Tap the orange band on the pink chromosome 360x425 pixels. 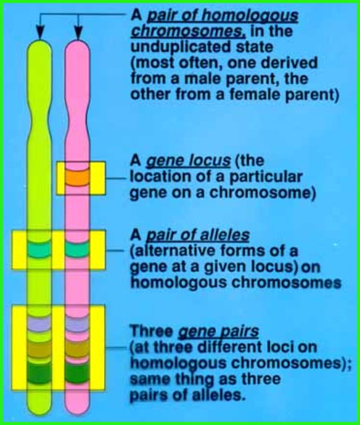click(x=77, y=178)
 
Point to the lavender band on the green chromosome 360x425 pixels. click(x=41, y=325)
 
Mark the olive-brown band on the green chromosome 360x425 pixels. click(x=41, y=349)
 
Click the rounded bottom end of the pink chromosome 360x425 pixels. click(x=77, y=412)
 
